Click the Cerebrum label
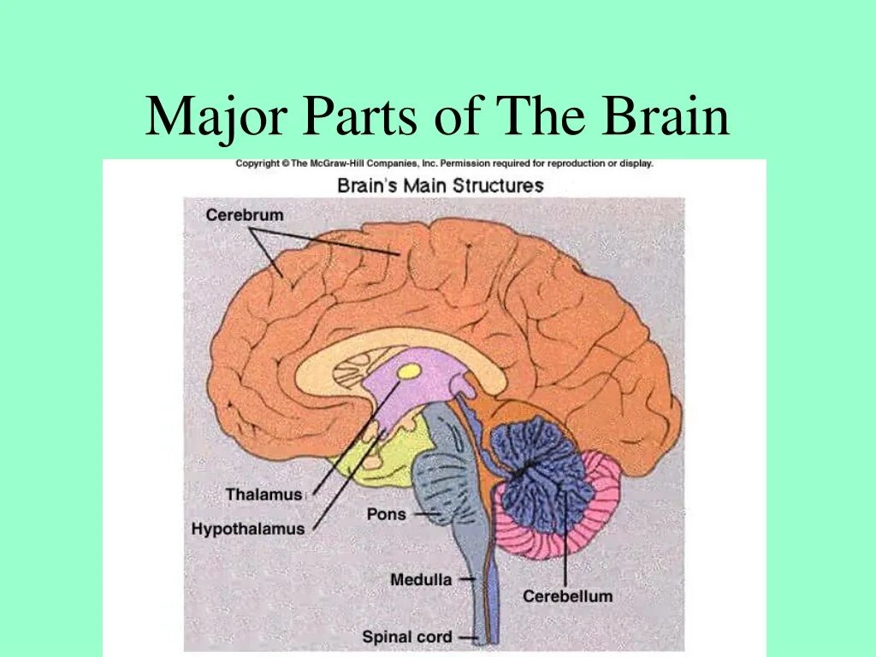(244, 215)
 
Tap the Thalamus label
(263, 494)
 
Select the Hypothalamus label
(247, 529)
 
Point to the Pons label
(386, 514)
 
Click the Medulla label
(420, 579)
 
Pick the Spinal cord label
(406, 636)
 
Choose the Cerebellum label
(567, 596)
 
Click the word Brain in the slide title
(666, 117)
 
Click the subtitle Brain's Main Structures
(440, 185)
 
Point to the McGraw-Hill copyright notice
(444, 163)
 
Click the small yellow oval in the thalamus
(410, 371)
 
